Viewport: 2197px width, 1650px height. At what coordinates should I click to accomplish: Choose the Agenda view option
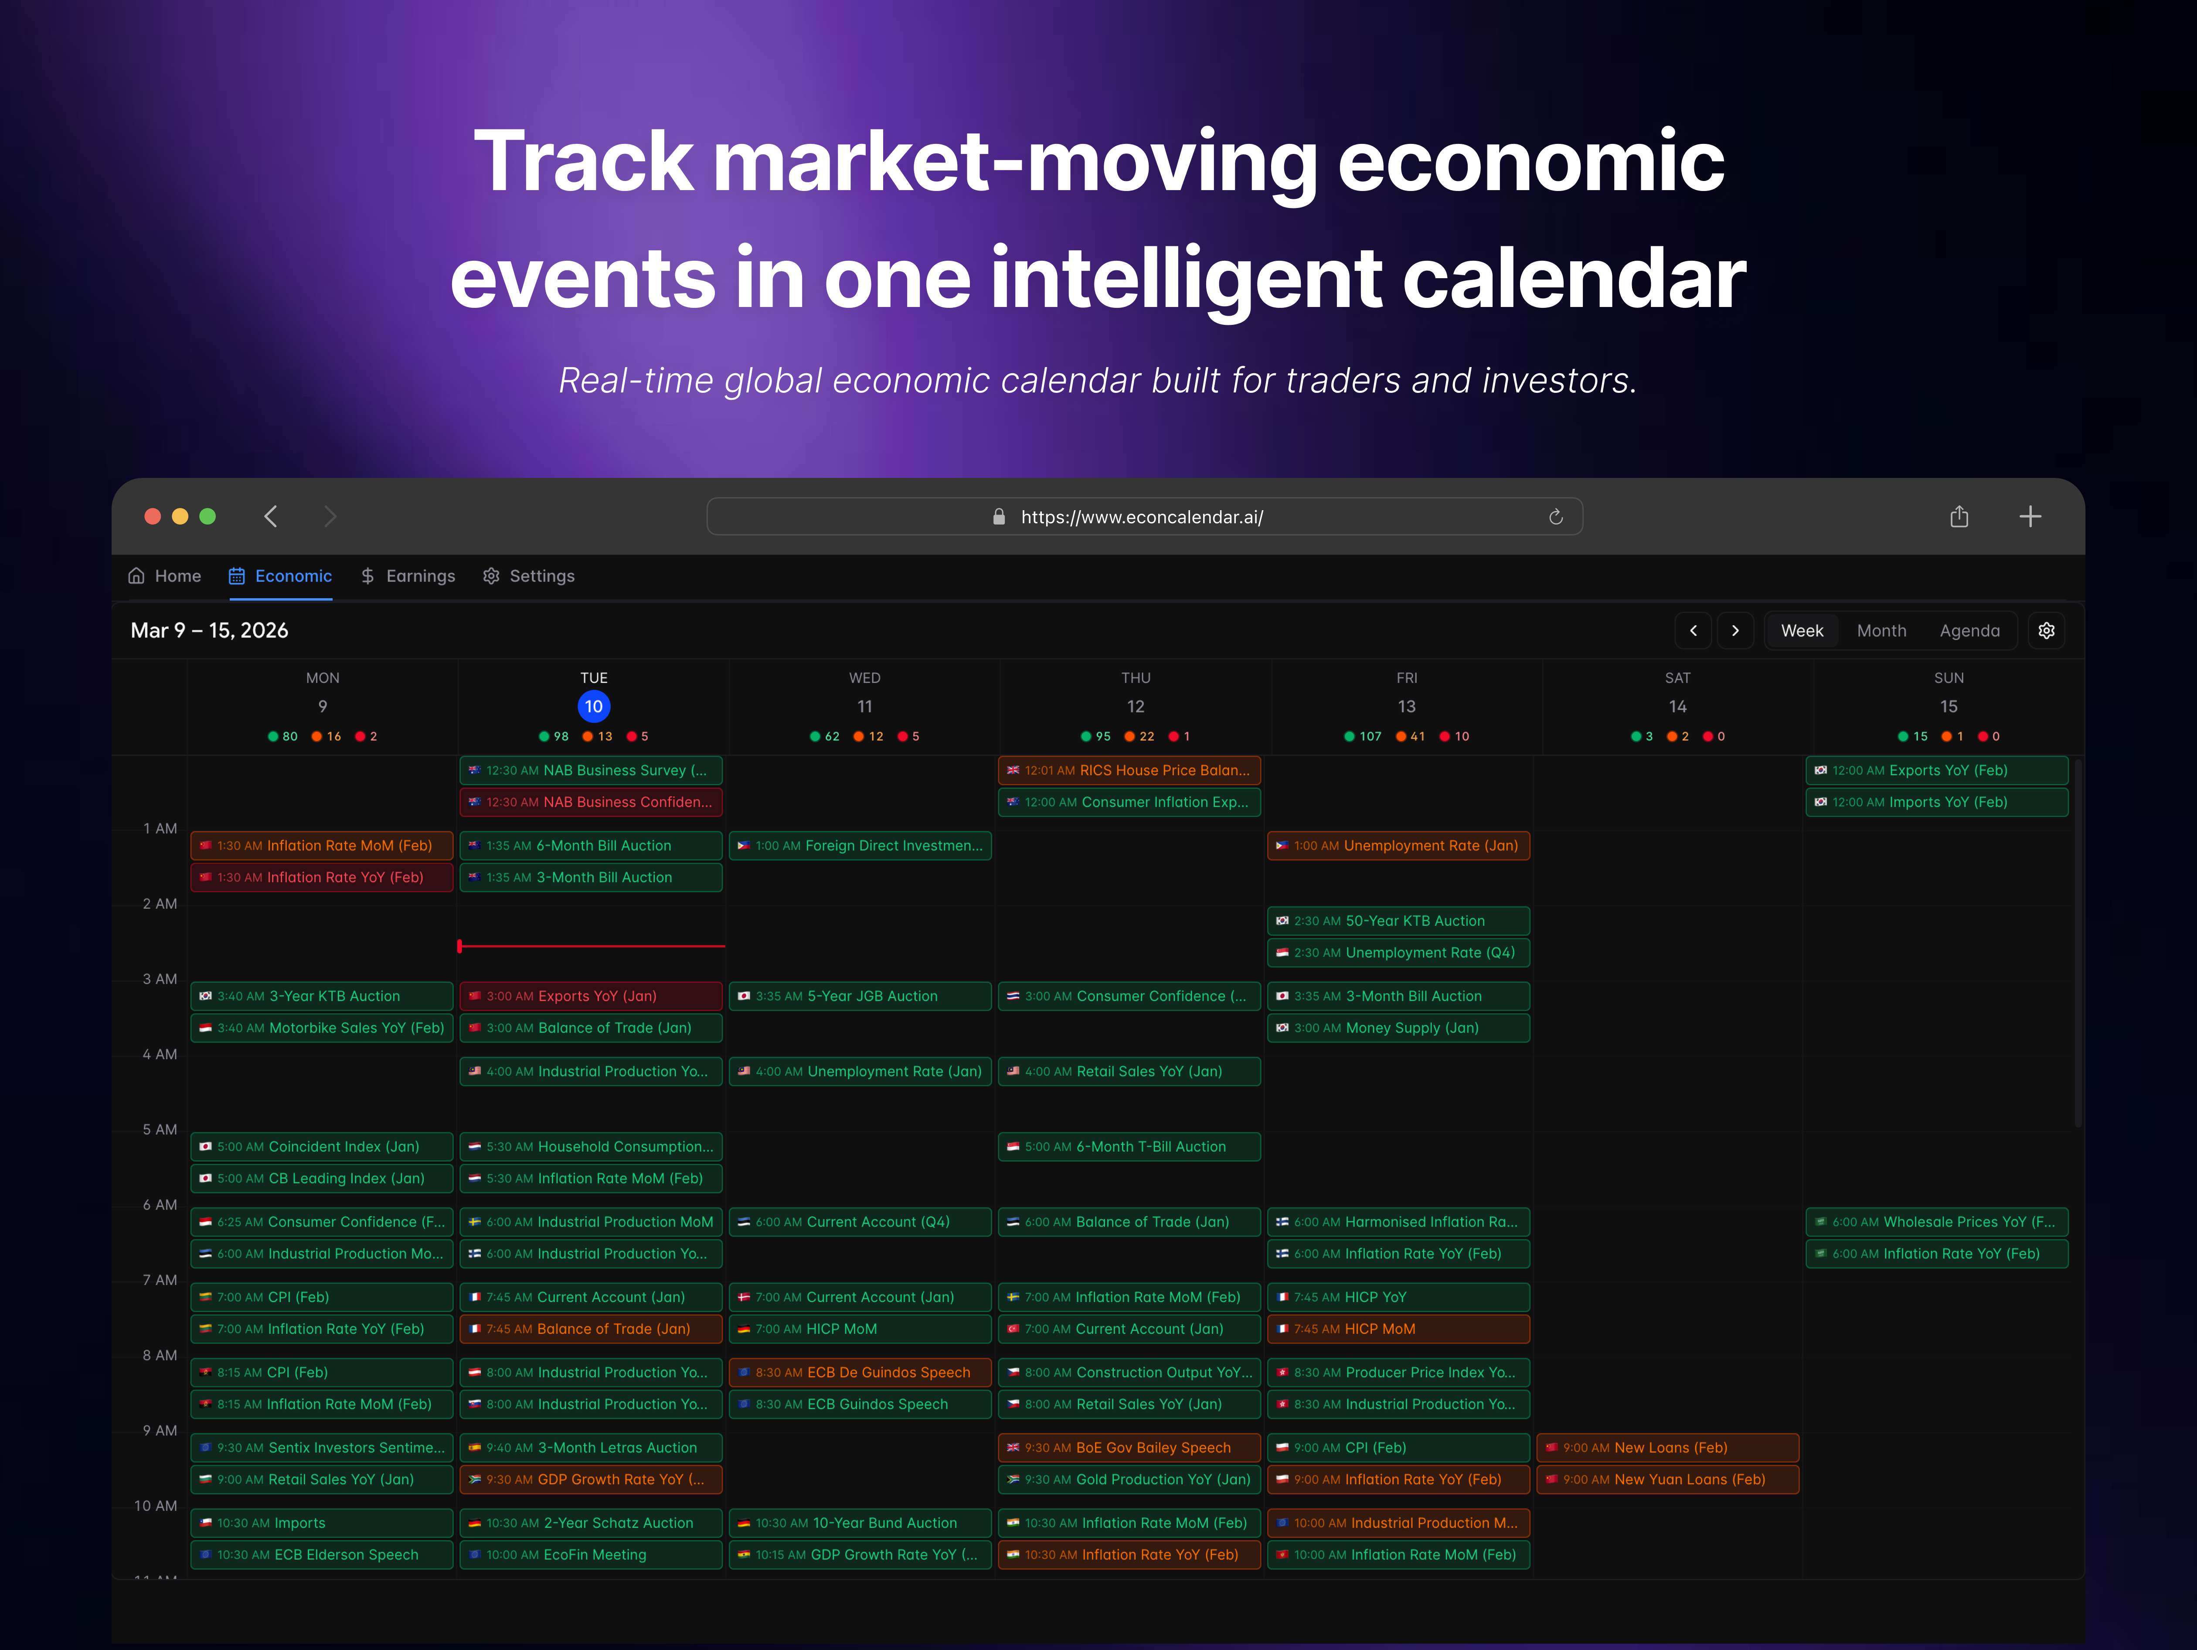[1969, 631]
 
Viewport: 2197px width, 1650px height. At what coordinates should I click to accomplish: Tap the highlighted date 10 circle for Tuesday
[593, 706]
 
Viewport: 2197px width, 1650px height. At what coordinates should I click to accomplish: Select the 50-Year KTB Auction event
[1398, 921]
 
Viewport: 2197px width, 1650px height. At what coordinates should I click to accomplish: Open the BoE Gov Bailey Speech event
[1129, 1447]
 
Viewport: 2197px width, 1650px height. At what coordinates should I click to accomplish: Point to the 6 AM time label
[160, 1205]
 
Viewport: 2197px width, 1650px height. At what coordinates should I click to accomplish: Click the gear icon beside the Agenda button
[2046, 631]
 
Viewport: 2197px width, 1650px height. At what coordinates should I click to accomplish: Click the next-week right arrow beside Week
[1735, 631]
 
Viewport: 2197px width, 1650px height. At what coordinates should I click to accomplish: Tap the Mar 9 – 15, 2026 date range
[210, 631]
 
